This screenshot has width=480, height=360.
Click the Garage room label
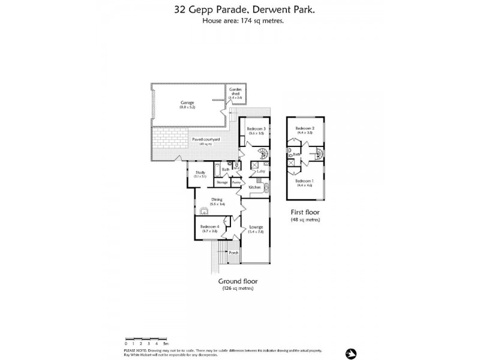click(187, 103)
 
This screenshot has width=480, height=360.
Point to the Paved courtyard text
click(206, 139)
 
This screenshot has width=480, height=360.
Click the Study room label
click(200, 173)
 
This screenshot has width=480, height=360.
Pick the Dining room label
click(217, 199)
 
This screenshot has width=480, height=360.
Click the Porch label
click(233, 253)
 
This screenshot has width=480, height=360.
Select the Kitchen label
click(254, 188)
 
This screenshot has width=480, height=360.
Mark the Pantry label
click(236, 181)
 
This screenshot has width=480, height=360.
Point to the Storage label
click(222, 181)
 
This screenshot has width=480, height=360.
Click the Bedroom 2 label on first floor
click(305, 129)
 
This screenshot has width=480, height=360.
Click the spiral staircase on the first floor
click(318, 157)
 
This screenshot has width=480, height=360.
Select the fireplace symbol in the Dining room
click(205, 211)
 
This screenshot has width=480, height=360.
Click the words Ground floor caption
click(237, 281)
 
